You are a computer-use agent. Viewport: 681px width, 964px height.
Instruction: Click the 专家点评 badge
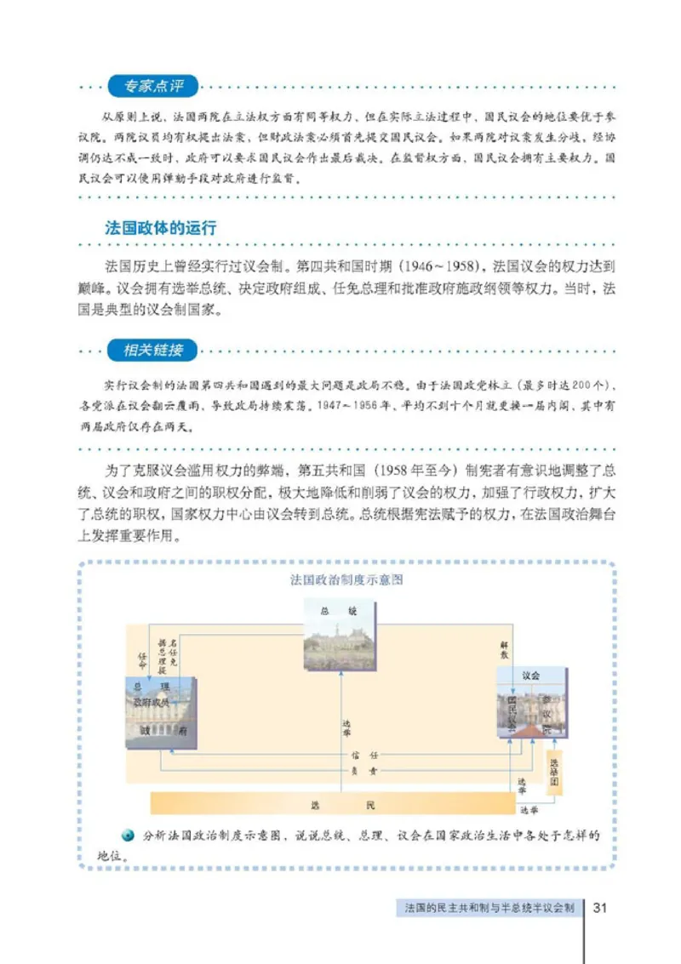tap(152, 86)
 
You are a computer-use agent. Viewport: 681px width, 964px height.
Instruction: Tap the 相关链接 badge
tap(152, 350)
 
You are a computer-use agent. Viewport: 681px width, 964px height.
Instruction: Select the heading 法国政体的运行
tap(160, 229)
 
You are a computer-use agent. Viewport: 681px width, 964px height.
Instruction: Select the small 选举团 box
tap(554, 771)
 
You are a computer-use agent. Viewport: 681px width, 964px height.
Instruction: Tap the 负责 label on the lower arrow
tap(367, 770)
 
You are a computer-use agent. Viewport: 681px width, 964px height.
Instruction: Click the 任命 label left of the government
tap(143, 659)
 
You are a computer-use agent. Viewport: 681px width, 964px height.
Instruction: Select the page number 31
tap(599, 907)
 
